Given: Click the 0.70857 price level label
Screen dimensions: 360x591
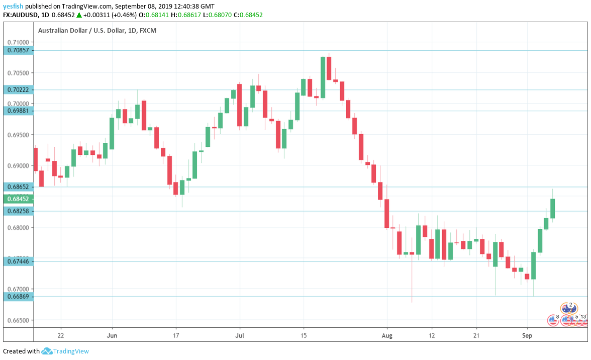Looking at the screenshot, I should [18, 50].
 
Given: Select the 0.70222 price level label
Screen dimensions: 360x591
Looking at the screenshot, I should [18, 89].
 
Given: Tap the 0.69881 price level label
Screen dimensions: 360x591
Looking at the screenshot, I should [18, 111].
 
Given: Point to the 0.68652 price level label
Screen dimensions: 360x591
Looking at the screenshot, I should [18, 187].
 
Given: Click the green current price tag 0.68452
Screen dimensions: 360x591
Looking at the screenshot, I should [18, 199].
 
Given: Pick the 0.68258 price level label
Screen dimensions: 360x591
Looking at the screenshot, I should [18, 211].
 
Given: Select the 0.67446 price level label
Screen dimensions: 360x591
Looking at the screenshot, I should [18, 261].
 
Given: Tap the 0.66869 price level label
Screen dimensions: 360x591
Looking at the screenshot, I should [18, 297].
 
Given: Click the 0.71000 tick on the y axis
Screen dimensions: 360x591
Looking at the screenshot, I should [18, 42].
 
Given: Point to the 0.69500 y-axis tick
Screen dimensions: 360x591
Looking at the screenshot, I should [18, 135].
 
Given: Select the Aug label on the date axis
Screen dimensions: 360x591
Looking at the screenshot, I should [387, 335].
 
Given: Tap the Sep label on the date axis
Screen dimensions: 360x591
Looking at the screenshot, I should [527, 335].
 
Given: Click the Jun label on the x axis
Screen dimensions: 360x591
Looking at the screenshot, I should [112, 335].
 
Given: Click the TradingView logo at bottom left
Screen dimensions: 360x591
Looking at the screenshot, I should [65, 351].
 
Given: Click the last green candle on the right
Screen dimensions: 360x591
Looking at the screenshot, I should [552, 208].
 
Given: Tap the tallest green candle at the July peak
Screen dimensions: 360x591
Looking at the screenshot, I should [323, 77].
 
